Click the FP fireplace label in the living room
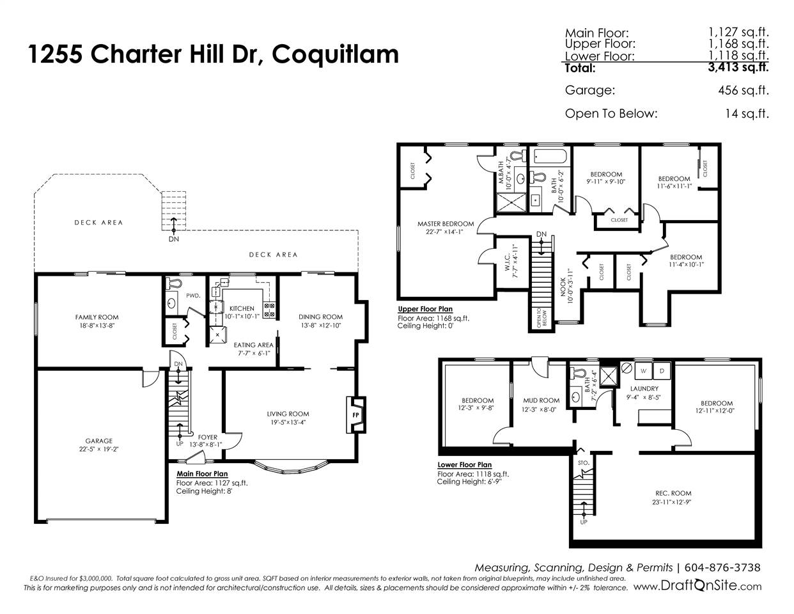point(355,415)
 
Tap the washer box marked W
point(644,370)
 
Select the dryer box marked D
point(662,370)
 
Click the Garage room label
point(98,441)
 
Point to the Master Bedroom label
point(446,224)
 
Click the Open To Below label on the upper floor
point(541,319)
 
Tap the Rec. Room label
point(673,493)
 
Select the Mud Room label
point(541,400)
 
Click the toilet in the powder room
point(173,283)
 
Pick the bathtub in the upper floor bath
point(550,156)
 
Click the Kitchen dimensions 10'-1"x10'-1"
point(242,316)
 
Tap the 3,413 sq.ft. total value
point(738,67)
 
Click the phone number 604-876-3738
point(722,567)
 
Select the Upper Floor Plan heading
point(425,309)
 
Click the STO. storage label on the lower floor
point(584,463)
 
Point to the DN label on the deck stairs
point(174,239)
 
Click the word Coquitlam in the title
point(335,55)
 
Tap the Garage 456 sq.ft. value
point(743,90)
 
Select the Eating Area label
point(253,345)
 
